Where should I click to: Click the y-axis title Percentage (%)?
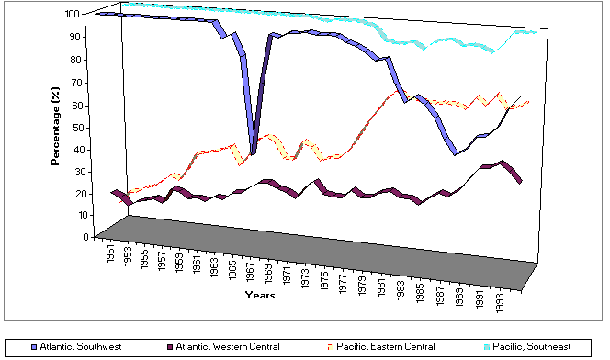[x=56, y=127]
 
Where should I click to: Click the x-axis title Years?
[x=258, y=295]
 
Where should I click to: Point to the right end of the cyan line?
[x=535, y=32]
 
